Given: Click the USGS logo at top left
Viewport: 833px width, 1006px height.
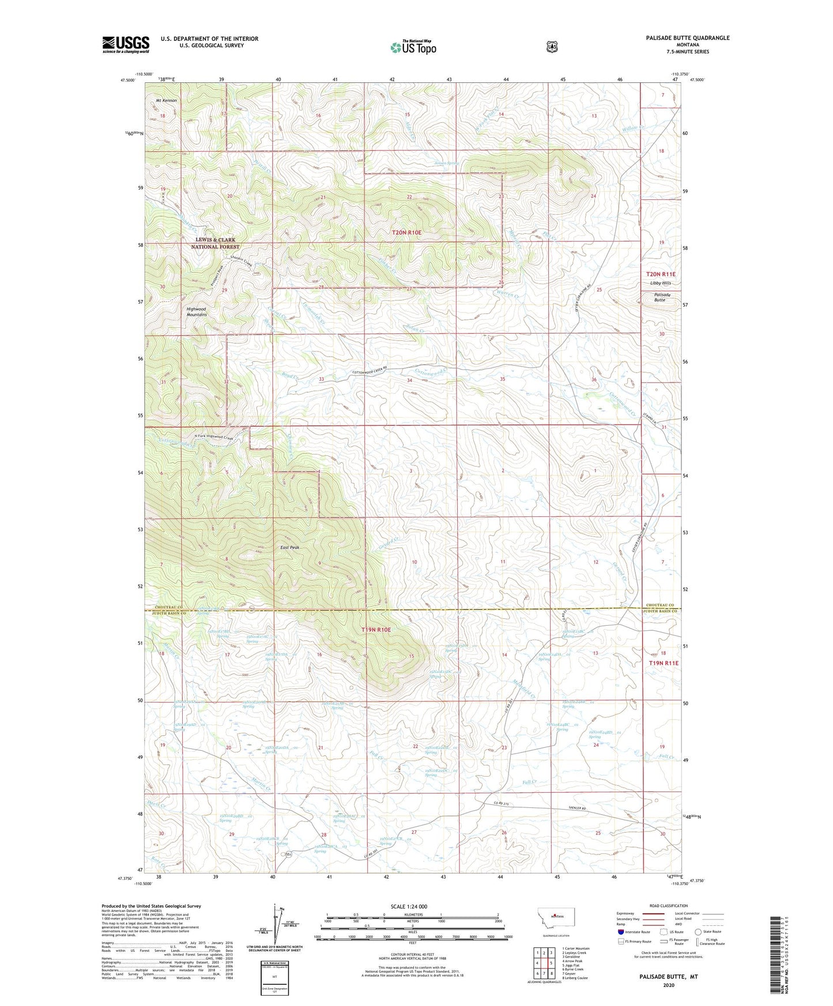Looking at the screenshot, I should [126, 44].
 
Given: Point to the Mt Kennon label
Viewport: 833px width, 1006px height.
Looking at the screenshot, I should [167, 101].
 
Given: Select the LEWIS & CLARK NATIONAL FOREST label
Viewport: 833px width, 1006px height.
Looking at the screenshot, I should [215, 243].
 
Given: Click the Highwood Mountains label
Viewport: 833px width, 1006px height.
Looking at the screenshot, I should [196, 312].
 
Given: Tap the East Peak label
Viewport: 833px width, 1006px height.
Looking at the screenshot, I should [289, 547].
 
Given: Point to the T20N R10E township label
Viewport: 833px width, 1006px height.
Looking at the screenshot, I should [407, 232].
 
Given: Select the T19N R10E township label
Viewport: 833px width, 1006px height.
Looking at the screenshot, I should [376, 630].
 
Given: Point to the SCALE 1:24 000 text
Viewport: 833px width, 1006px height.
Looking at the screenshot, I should [409, 906].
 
